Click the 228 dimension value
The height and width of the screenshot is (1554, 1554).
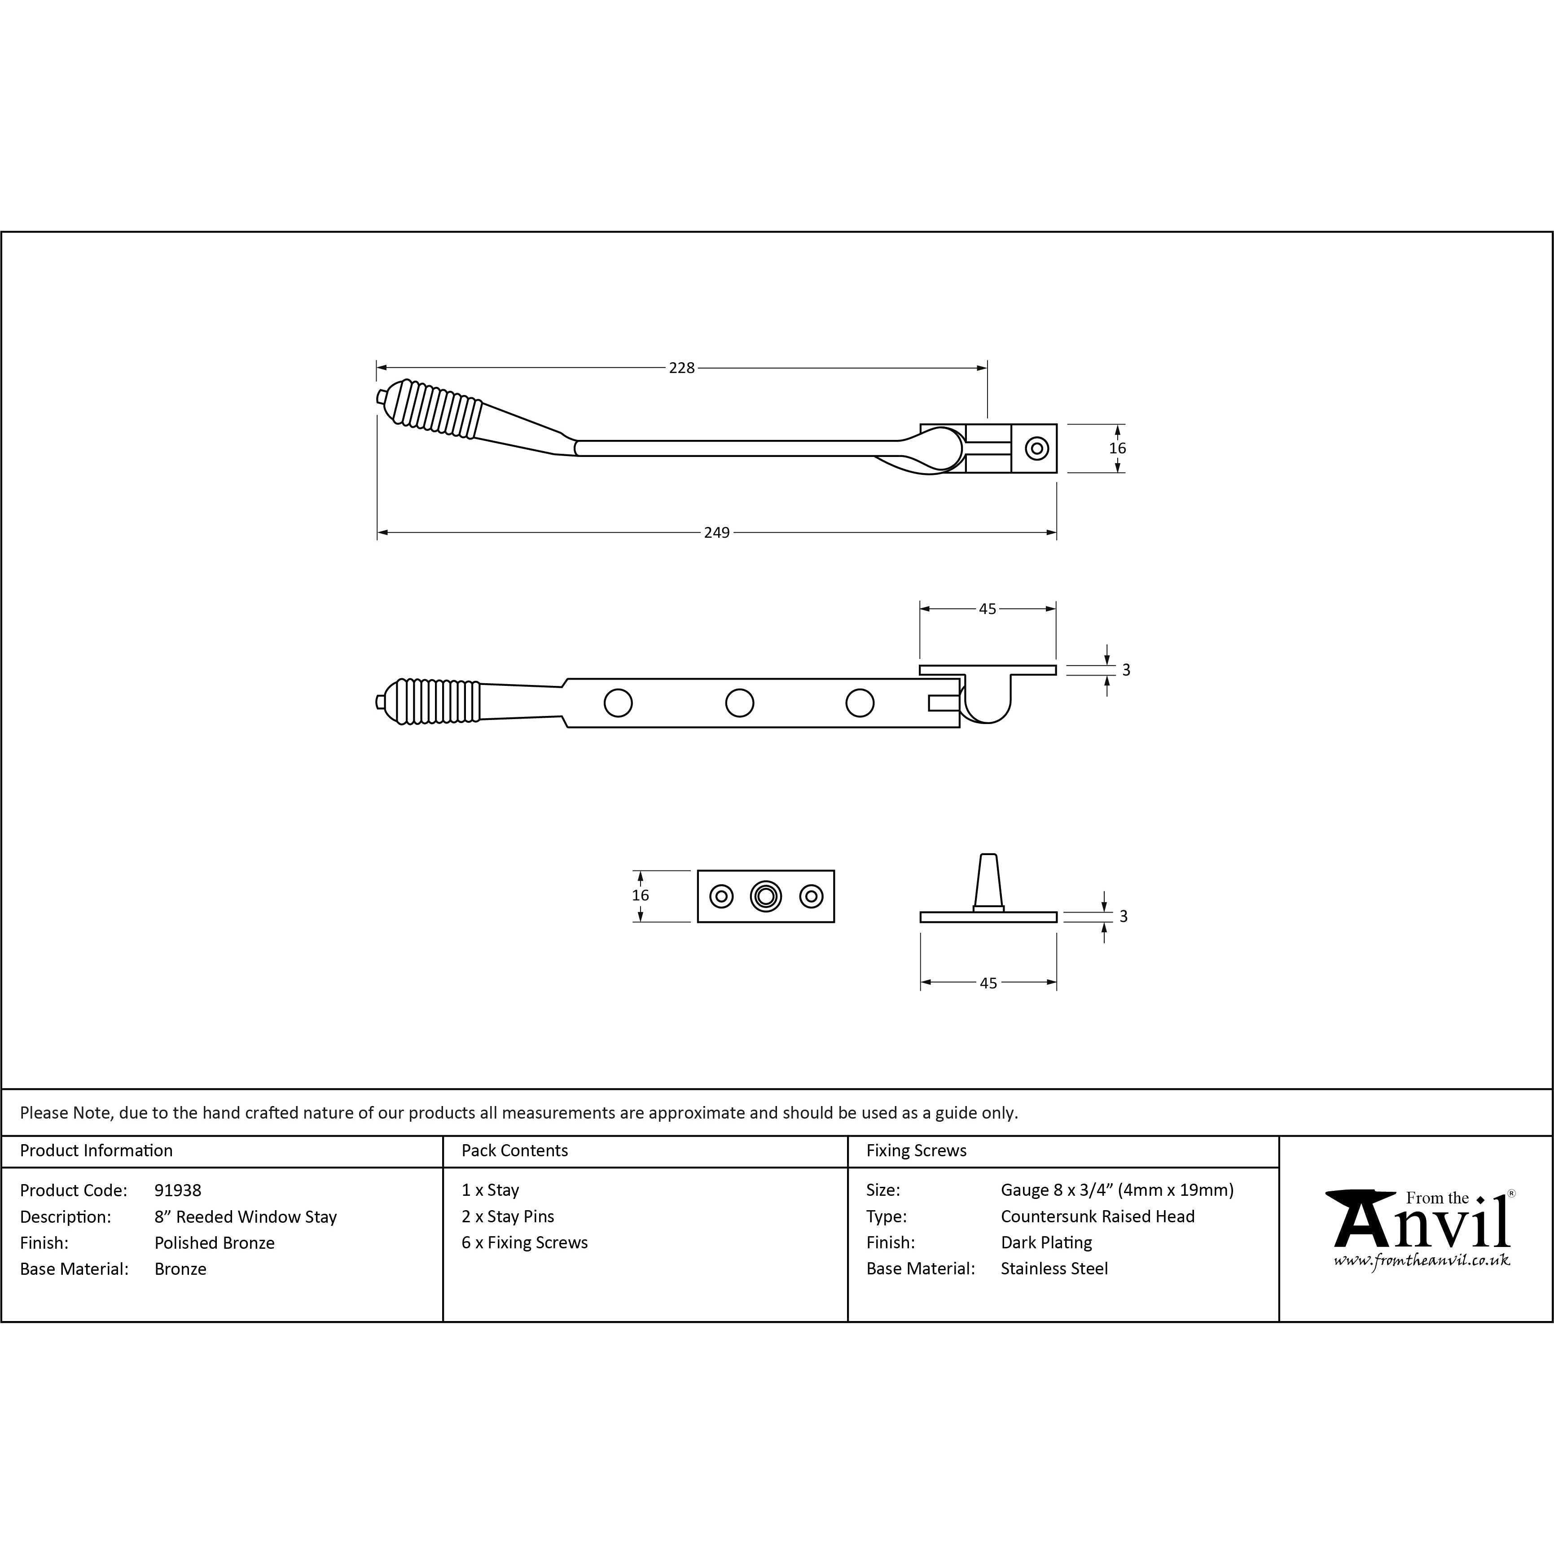(681, 368)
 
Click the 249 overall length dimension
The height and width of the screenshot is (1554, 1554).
(717, 532)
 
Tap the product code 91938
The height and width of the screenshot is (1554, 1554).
(178, 1190)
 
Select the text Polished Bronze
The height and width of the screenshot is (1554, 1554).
(215, 1243)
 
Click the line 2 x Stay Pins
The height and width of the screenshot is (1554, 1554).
(508, 1216)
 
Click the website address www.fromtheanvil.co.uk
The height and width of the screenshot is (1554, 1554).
(1421, 1260)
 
